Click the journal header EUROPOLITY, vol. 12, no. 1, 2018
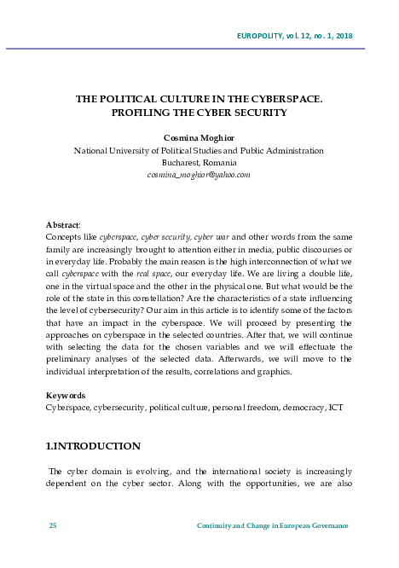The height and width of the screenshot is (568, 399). [293, 35]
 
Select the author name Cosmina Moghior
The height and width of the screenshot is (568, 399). [199, 137]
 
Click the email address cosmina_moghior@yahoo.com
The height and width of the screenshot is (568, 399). [199, 174]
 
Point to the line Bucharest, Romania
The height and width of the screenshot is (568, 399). [199, 162]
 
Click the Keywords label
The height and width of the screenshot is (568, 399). [66, 396]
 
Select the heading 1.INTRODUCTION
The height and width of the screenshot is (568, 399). [93, 446]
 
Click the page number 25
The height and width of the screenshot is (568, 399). [52, 525]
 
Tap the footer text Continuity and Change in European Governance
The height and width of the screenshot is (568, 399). [272, 525]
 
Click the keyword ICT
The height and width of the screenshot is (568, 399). [336, 408]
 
